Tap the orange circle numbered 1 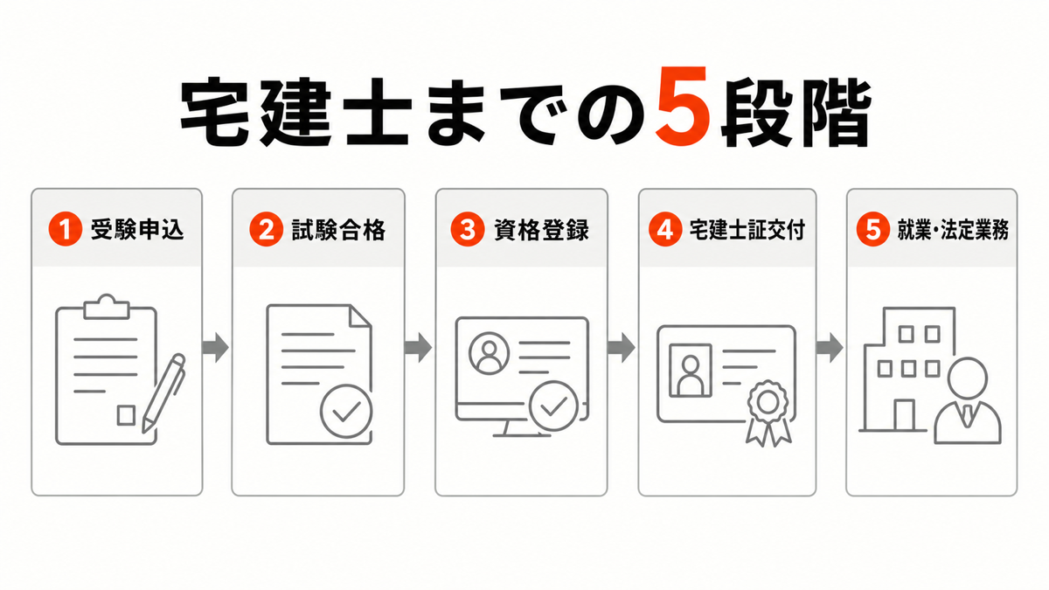(65, 229)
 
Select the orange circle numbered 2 (266, 229)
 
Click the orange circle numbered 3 (467, 229)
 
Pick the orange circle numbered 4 (665, 229)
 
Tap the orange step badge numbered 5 (873, 229)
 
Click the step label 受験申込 (137, 229)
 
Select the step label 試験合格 (338, 229)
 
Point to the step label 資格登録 (541, 229)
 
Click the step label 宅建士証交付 (747, 229)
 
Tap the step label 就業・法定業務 (953, 229)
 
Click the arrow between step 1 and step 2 (215, 348)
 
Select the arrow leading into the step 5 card (830, 348)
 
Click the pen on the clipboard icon (163, 393)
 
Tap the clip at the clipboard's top (107, 307)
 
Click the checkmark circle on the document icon (346, 412)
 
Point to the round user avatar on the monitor (489, 353)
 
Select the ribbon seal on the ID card (768, 413)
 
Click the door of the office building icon (904, 415)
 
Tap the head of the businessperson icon (968, 378)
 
